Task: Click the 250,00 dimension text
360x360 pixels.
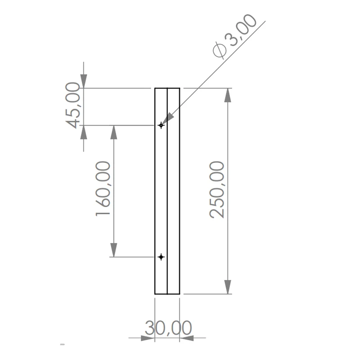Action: (217, 189)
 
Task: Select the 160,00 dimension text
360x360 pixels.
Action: (103, 189)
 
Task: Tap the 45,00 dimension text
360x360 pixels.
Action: (73, 105)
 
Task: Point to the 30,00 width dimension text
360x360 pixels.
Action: (168, 328)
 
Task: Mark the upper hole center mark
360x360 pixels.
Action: (161, 126)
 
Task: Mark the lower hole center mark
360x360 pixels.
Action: (161, 257)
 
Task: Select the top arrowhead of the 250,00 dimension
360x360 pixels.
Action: (228, 95)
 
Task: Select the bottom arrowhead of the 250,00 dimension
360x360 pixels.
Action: (228, 287)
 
